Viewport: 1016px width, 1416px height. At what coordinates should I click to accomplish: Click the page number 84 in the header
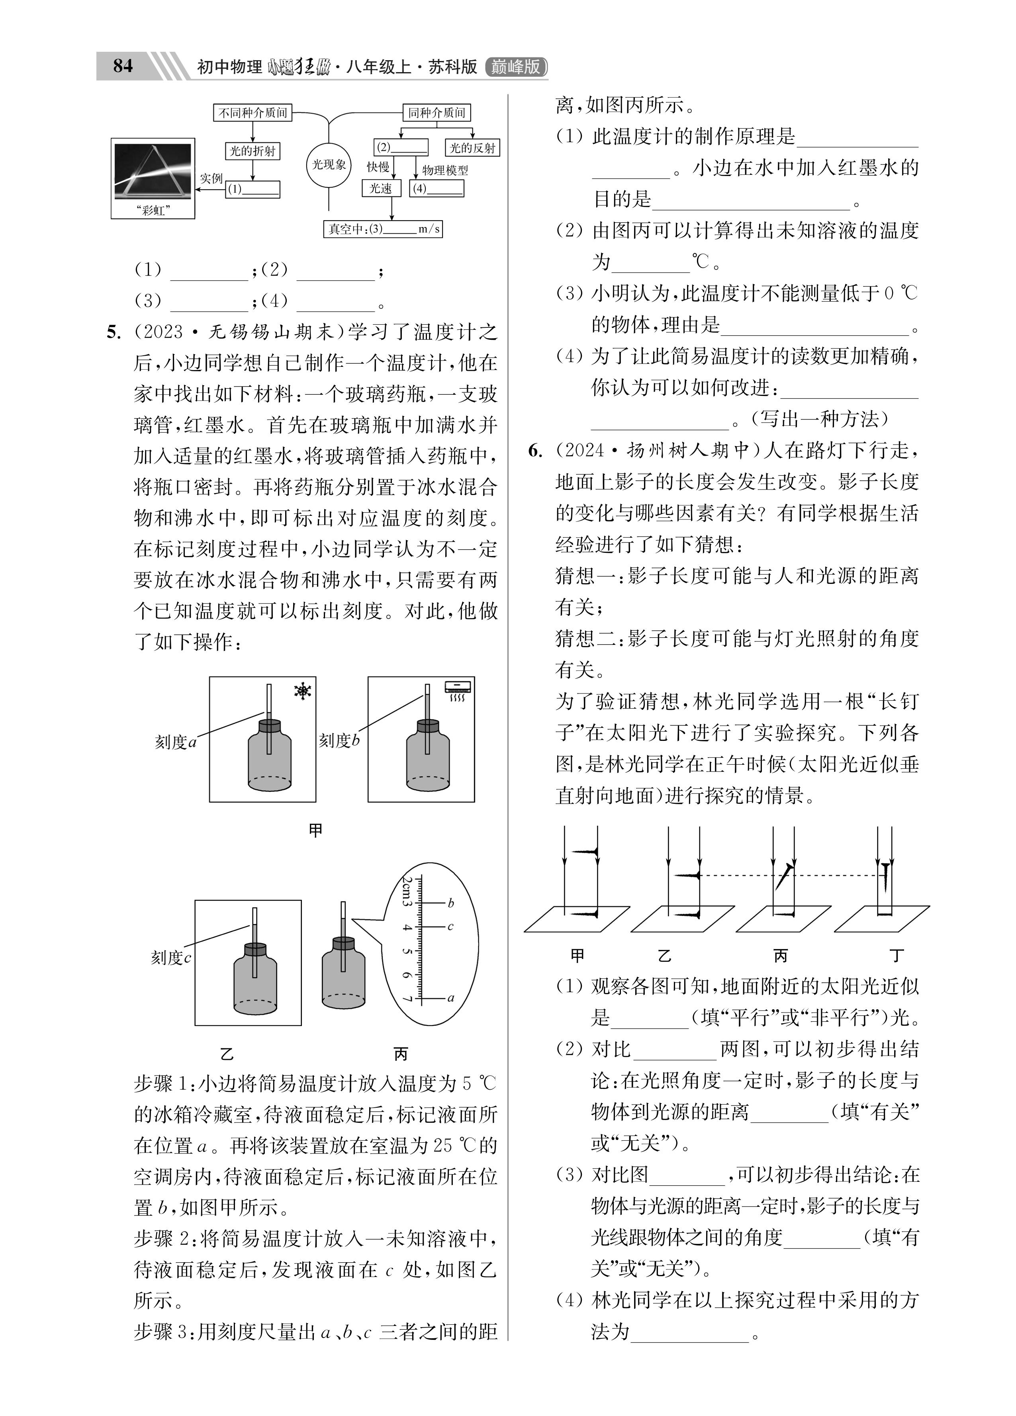[x=123, y=66]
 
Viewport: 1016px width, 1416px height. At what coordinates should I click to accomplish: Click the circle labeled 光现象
[x=329, y=165]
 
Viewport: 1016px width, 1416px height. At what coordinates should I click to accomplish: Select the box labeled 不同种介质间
[x=253, y=113]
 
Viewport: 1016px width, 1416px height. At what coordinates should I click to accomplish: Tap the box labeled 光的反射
[x=472, y=148]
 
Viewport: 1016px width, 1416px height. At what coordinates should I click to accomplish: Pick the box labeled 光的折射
[x=252, y=151]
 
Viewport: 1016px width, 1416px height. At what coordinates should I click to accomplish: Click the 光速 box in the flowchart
[x=380, y=188]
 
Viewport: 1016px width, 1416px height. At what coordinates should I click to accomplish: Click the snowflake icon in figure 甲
[x=303, y=691]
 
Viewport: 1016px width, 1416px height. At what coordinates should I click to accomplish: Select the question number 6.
[x=534, y=451]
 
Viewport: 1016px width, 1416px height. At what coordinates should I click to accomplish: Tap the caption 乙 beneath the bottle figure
[x=227, y=1054]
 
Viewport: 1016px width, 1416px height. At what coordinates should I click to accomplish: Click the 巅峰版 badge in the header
[x=516, y=67]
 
